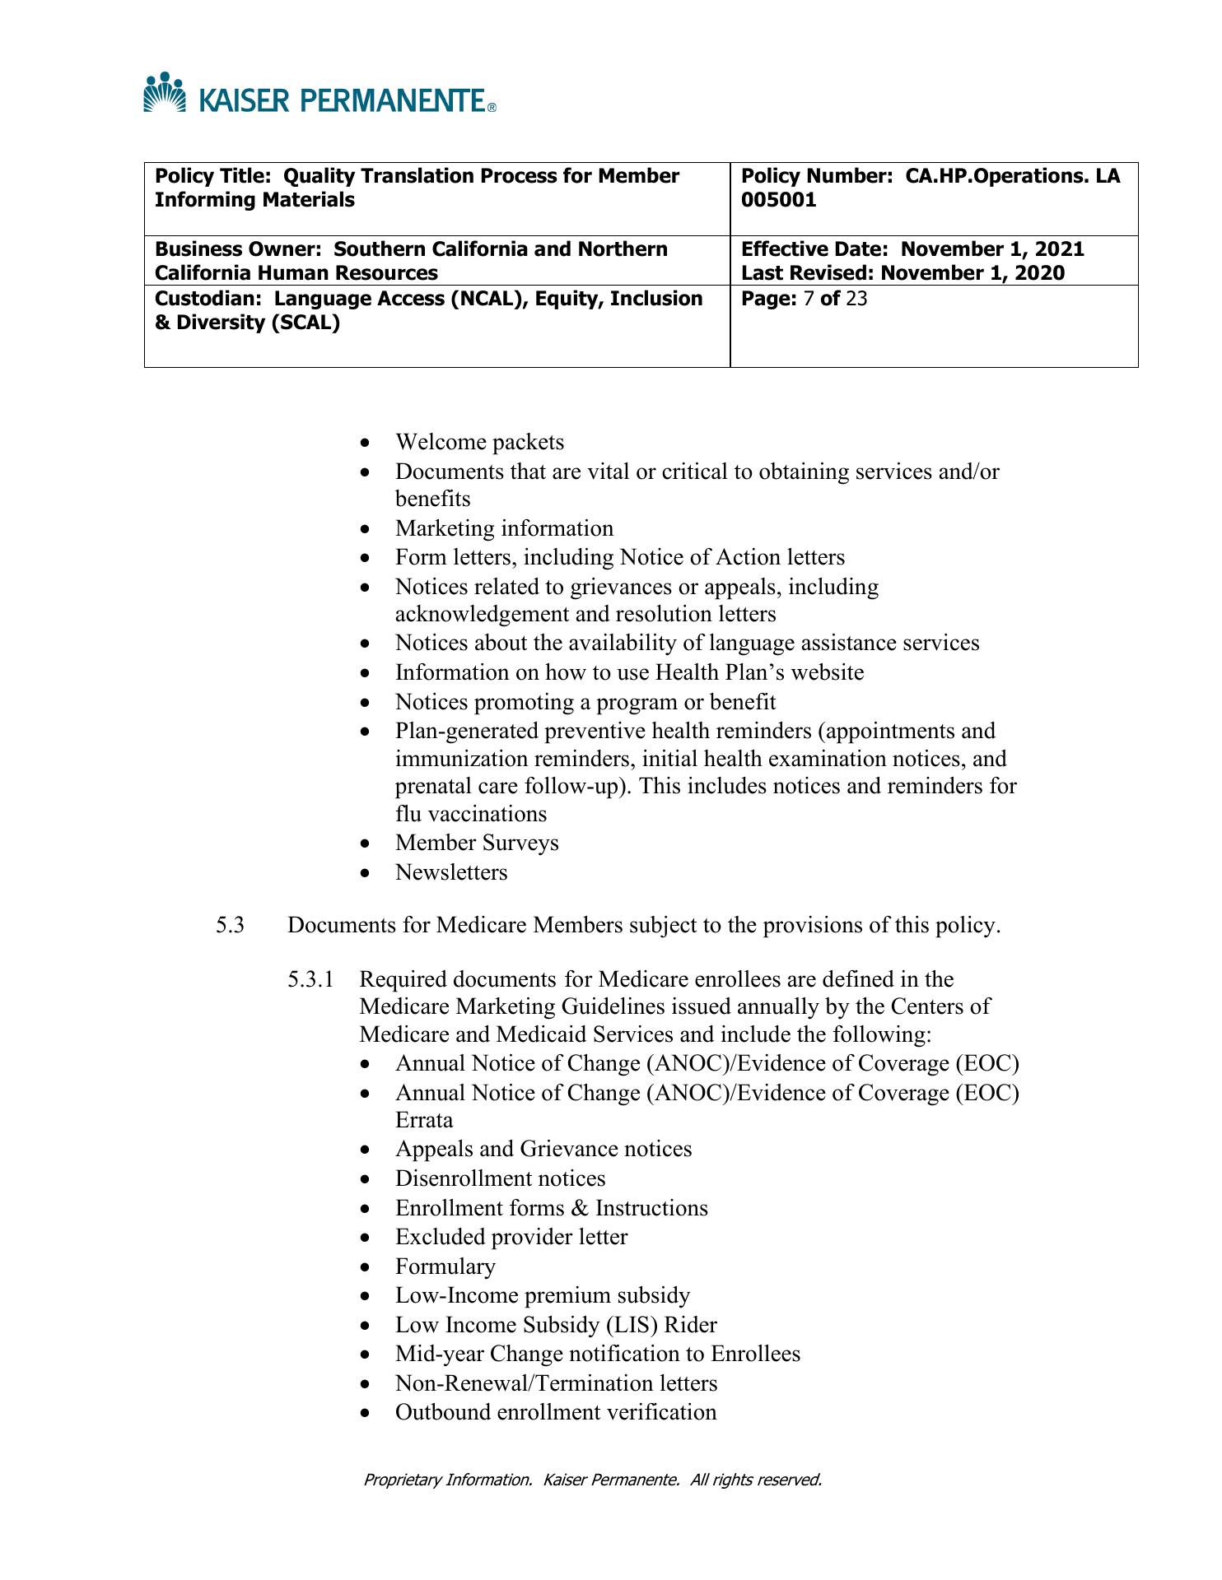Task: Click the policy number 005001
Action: coord(779,200)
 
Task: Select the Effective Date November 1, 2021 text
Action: coord(912,249)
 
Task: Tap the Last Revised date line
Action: coord(903,273)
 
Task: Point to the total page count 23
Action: coord(856,299)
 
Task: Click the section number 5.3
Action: coord(231,926)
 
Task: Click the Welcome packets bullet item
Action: coord(479,443)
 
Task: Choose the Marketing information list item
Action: coord(504,528)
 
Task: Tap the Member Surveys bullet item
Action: coord(477,843)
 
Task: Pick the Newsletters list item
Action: coord(451,872)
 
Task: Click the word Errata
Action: coord(424,1121)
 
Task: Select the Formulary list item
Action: coord(445,1266)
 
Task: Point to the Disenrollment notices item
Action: coord(500,1179)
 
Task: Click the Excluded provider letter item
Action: coord(511,1238)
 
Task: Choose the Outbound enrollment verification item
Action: coord(556,1413)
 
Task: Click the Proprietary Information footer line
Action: coord(593,1480)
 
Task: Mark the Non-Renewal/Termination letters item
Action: coord(556,1384)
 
